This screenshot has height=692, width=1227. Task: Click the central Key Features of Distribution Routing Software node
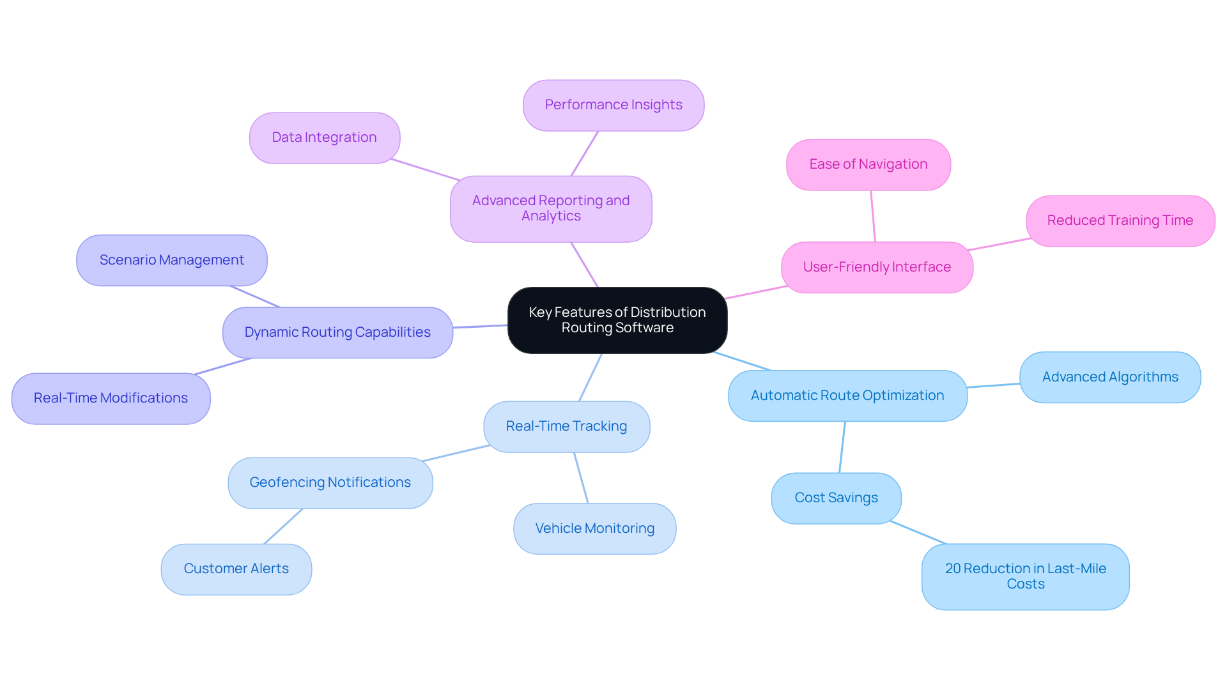point(617,320)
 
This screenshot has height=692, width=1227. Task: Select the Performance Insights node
point(613,105)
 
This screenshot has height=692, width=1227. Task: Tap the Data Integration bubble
point(324,138)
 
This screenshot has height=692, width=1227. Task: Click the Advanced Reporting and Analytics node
point(550,209)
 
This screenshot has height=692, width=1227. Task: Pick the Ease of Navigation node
point(868,165)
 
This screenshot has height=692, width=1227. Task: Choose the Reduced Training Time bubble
point(1120,221)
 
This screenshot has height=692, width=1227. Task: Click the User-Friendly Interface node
point(876,268)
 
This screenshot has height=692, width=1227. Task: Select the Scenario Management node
point(171,261)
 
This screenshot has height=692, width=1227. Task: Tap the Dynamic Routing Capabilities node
point(337,333)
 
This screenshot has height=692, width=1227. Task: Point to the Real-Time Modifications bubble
point(111,399)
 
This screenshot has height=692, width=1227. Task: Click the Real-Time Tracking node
point(566,427)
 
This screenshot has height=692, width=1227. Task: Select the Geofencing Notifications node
point(330,483)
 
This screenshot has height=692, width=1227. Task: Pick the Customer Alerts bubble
point(236,569)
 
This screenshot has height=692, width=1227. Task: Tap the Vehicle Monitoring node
point(594,529)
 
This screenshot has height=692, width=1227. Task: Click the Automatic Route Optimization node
point(847,396)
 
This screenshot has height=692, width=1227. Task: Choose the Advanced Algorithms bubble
point(1109,378)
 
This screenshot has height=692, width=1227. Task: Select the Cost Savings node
point(836,498)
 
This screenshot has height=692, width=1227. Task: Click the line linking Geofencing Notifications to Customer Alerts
point(283,527)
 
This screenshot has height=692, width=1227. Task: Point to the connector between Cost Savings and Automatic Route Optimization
point(842,447)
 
